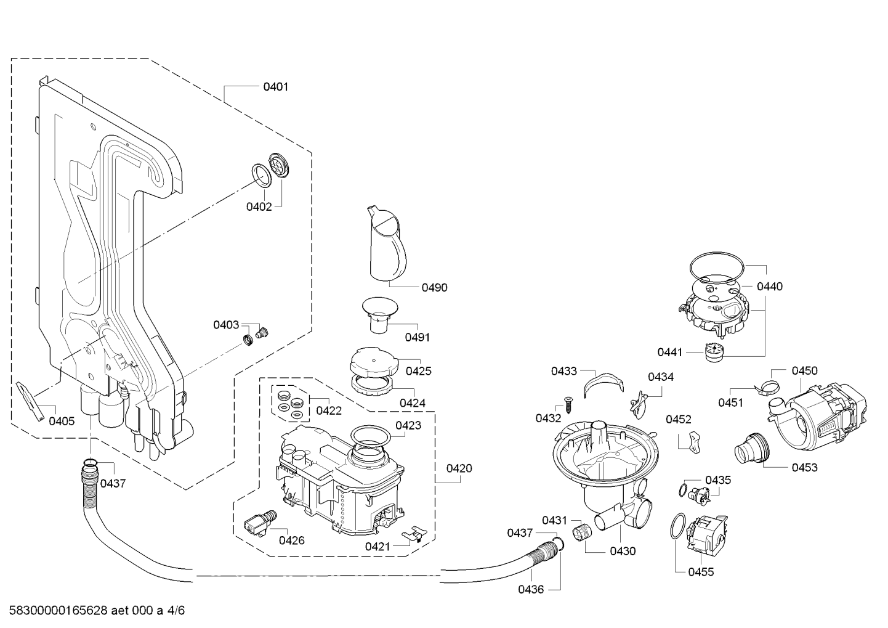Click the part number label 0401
coord(275,87)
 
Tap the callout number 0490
coord(435,288)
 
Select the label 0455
coord(701,572)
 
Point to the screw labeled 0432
coord(568,405)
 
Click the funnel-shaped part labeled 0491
coord(380,314)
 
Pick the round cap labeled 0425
coord(374,362)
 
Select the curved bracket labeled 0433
coord(603,383)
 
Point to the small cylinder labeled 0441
coord(714,353)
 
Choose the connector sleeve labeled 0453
coord(752,448)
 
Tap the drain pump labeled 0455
coord(707,534)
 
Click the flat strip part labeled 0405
coord(31,401)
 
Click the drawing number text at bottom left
coord(97,610)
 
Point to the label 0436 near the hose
coord(531,590)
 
